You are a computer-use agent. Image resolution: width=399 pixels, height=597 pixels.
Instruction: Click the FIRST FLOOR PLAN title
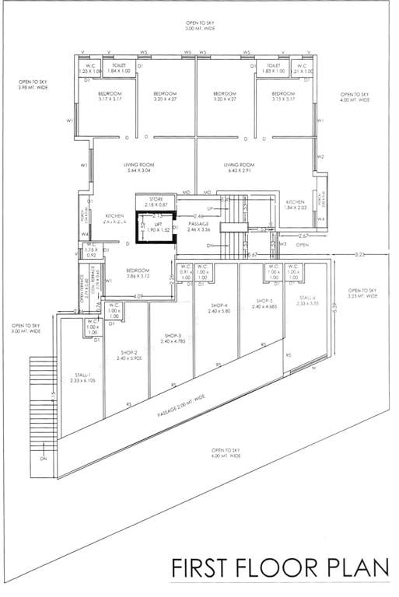pyautogui.click(x=279, y=567)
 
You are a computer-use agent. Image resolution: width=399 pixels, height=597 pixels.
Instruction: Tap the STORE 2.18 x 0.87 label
pyautogui.click(x=156, y=201)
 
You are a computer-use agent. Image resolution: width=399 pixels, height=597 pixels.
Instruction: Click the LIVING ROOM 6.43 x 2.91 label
pyautogui.click(x=239, y=168)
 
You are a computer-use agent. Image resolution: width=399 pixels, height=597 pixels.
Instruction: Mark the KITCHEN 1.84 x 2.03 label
pyautogui.click(x=295, y=204)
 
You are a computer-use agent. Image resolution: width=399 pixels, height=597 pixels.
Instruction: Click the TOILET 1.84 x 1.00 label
pyautogui.click(x=121, y=68)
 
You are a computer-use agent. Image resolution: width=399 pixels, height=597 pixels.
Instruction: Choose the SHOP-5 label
pyautogui.click(x=265, y=303)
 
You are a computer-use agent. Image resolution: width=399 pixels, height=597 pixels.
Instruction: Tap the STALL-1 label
pyautogui.click(x=79, y=377)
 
